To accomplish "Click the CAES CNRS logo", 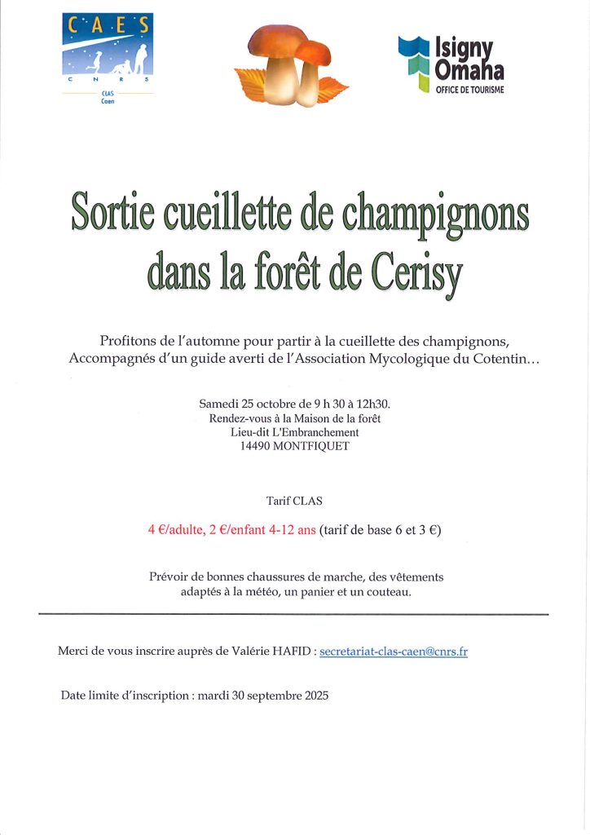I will [x=108, y=54].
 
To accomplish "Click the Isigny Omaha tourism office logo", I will [x=451, y=63].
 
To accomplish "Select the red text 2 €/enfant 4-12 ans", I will [x=262, y=529].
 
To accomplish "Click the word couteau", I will [x=387, y=591].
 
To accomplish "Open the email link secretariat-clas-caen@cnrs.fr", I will [x=394, y=652].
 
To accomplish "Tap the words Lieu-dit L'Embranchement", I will [x=294, y=431].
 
